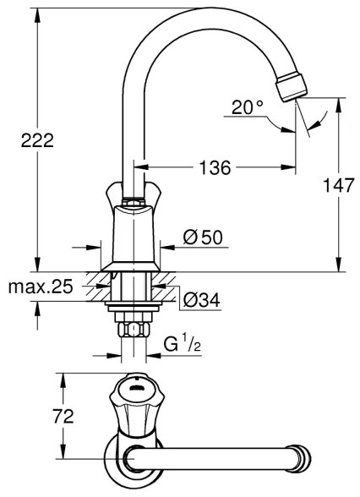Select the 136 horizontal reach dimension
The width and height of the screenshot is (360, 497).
point(215,168)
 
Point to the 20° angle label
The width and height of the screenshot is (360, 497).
point(248,108)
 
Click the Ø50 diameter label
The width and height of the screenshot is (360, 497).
point(203,238)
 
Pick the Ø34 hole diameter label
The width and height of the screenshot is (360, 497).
point(203,299)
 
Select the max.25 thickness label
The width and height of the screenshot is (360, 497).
point(40,287)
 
